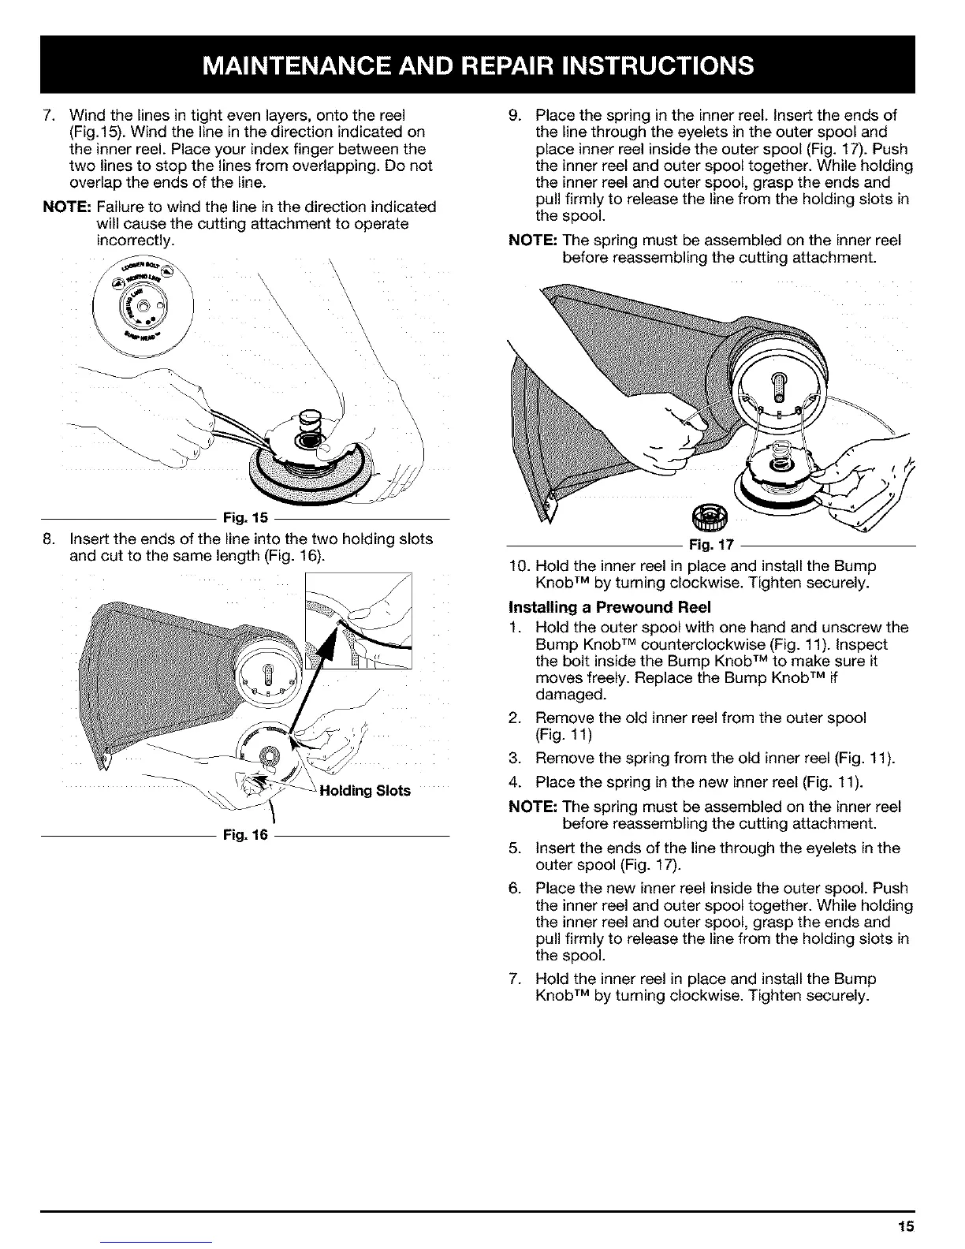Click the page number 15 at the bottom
click(904, 1226)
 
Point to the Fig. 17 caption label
click(710, 544)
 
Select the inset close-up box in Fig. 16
click(359, 620)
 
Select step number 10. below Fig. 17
click(519, 566)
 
